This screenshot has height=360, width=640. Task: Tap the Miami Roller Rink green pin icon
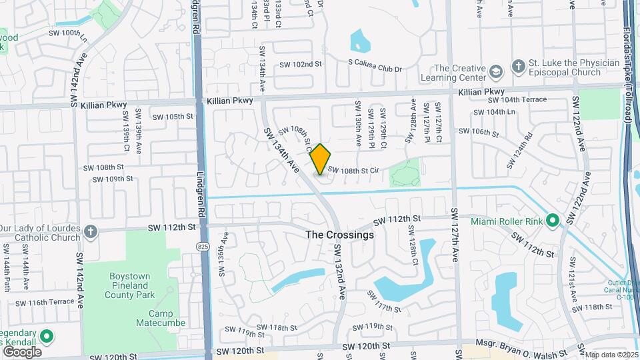[x=552, y=220]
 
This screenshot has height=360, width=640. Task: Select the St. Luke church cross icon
[x=519, y=67]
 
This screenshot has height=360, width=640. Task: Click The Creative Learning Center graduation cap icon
[x=496, y=71]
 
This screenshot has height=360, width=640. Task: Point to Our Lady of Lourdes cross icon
[x=91, y=231]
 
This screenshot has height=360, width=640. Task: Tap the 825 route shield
[x=201, y=246]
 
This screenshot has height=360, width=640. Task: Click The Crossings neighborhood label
[x=339, y=235]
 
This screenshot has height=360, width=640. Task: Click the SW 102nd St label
[x=301, y=65]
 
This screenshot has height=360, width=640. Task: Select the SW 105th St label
[x=173, y=116]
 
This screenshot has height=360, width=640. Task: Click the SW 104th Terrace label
[x=517, y=99]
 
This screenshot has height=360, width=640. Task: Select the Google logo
[x=22, y=351]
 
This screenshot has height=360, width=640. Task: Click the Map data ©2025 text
[x=611, y=355]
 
